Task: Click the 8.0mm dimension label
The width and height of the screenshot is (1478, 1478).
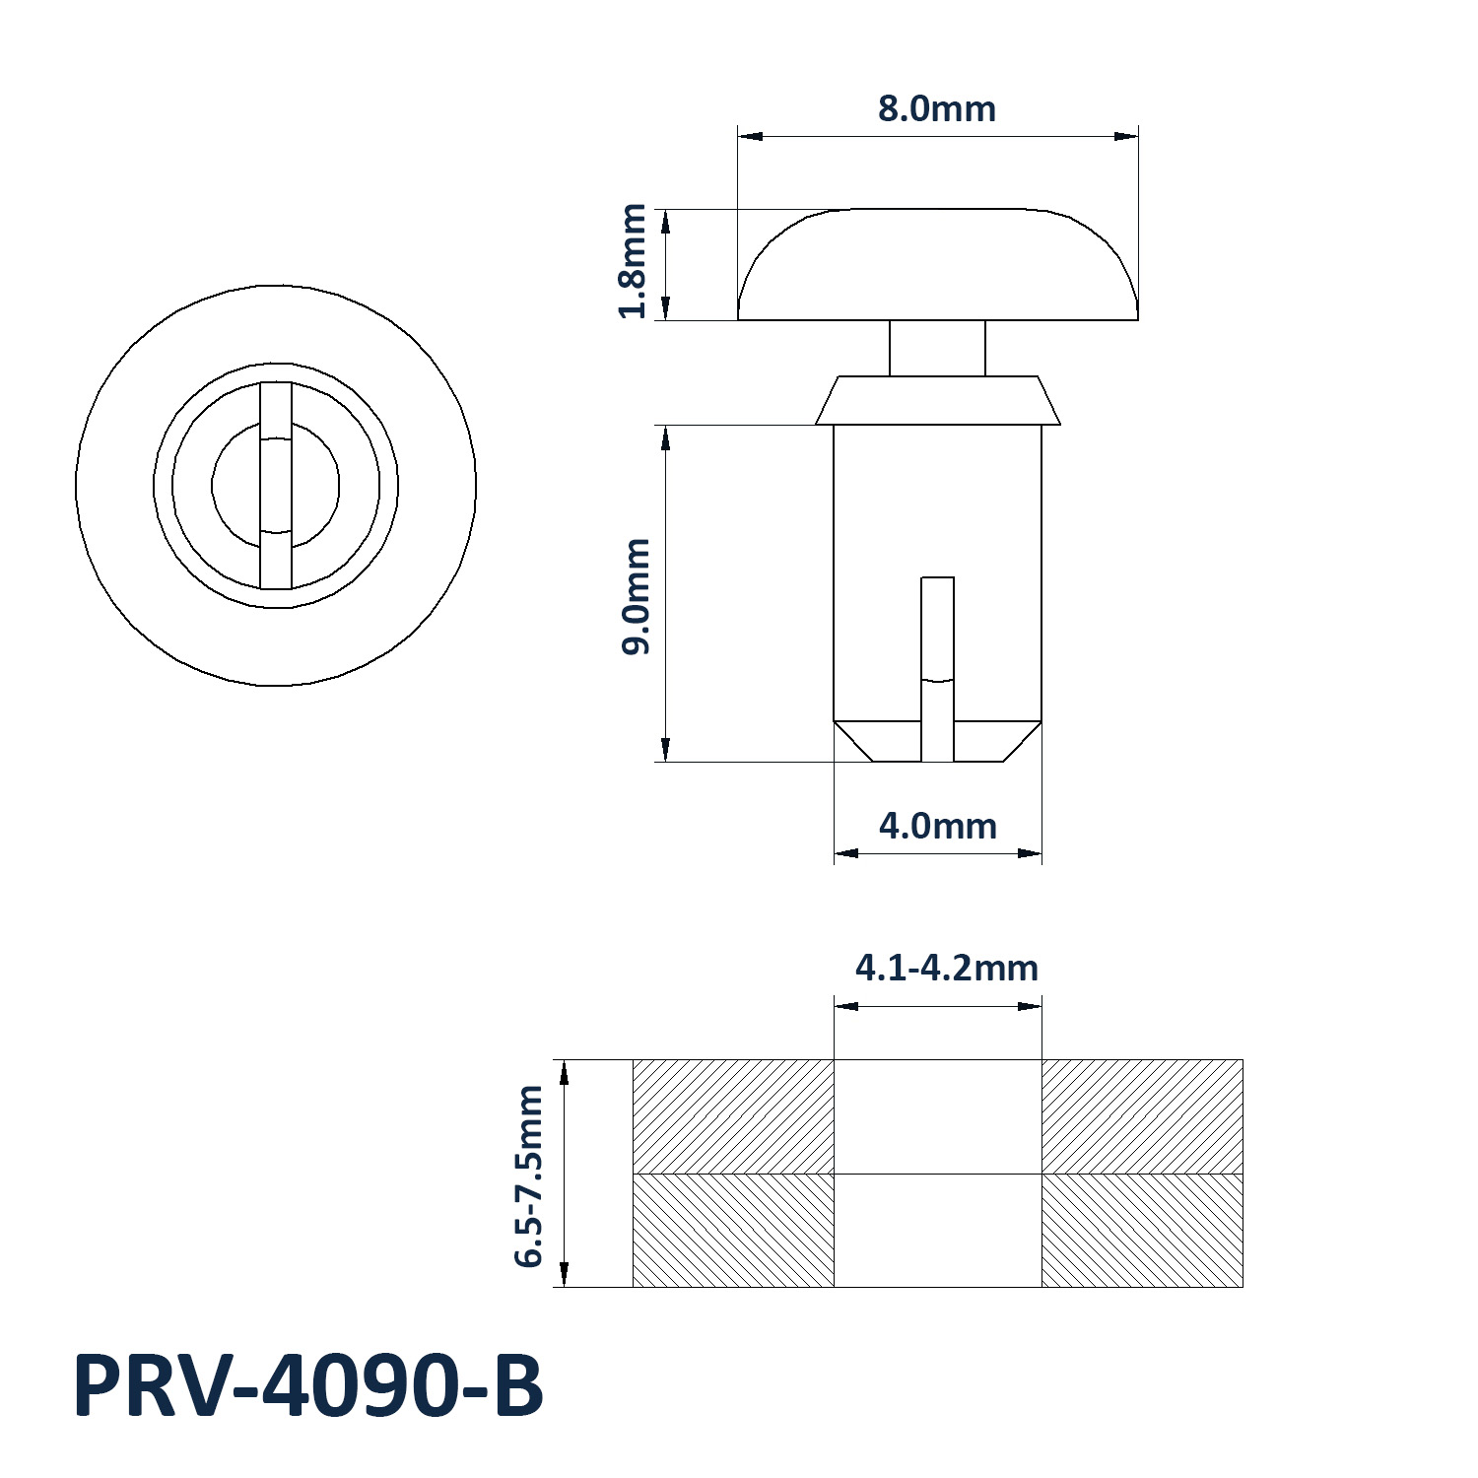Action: click(937, 108)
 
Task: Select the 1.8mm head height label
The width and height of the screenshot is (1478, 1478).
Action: click(632, 261)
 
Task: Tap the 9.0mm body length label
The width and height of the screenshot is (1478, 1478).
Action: click(636, 596)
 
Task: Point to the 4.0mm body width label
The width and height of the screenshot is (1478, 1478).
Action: click(938, 826)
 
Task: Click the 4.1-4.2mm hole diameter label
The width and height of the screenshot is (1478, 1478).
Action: click(947, 968)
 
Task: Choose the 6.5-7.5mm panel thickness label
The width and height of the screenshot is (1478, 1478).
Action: click(528, 1175)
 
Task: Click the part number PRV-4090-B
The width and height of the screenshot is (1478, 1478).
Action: click(308, 1386)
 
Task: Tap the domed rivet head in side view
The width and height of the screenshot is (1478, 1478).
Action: click(938, 264)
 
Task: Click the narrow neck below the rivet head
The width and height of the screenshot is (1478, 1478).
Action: click(937, 348)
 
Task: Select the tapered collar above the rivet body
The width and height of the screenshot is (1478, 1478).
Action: click(938, 400)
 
